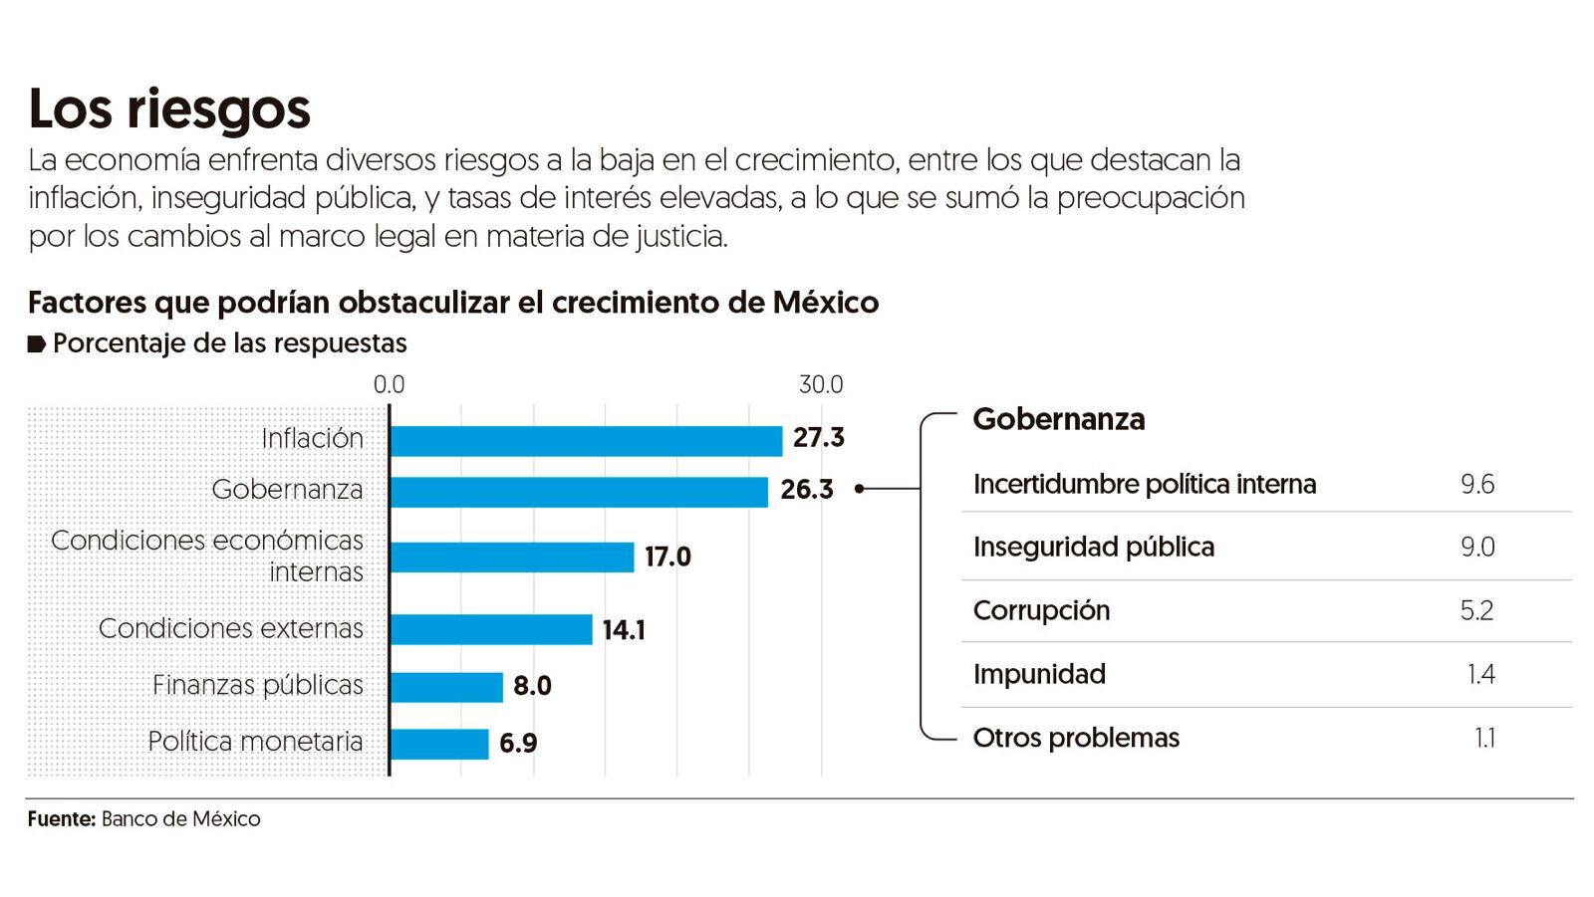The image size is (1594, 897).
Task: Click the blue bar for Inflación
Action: [586, 440]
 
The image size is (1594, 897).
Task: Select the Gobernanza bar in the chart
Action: [579, 492]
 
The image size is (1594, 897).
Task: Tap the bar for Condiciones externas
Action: [491, 629]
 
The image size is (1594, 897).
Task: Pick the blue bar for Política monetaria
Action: [439, 744]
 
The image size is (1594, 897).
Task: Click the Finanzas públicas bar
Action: [446, 687]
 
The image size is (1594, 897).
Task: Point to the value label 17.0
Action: [667, 557]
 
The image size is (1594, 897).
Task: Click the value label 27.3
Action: [819, 438]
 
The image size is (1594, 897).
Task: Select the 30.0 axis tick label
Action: [821, 385]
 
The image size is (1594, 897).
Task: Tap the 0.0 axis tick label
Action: [389, 385]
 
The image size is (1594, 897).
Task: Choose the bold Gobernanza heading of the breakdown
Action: [1058, 419]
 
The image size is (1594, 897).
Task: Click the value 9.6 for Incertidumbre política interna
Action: [1476, 485]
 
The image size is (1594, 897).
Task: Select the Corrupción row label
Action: [1041, 610]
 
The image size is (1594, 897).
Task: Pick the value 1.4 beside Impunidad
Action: [1480, 675]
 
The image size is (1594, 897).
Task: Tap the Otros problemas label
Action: [1076, 738]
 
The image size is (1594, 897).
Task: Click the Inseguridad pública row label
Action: [1093, 548]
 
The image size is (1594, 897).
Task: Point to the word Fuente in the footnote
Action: [61, 819]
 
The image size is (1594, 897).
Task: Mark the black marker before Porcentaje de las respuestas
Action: [37, 344]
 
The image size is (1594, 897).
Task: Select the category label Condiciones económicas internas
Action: [207, 556]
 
